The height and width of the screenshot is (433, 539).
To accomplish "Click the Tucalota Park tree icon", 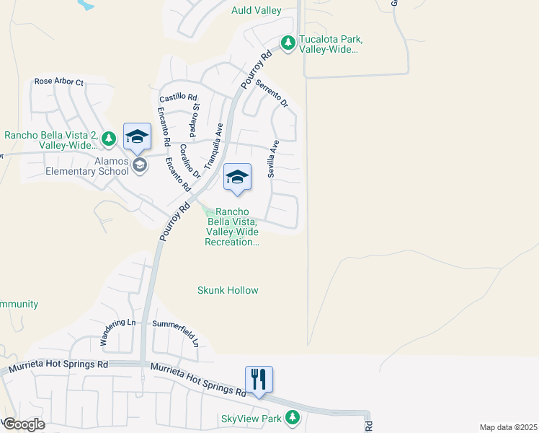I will click(288, 43).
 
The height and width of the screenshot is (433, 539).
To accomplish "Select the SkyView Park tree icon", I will click(292, 417).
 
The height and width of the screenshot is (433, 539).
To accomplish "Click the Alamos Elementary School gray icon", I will click(139, 165).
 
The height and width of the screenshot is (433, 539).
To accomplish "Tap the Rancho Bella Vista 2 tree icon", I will click(109, 136).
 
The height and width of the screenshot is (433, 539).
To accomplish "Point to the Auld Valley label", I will click(256, 10).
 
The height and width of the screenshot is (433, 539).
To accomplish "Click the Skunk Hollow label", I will click(228, 290).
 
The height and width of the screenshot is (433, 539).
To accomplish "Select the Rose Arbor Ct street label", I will click(59, 82).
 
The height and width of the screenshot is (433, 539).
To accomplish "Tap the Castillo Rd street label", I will click(178, 96).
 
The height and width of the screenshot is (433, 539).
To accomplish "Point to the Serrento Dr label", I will click(272, 95).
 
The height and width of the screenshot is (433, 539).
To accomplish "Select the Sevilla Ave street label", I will click(273, 159).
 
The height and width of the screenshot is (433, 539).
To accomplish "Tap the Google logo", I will click(24, 424).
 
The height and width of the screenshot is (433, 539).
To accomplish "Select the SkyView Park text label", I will click(251, 419).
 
